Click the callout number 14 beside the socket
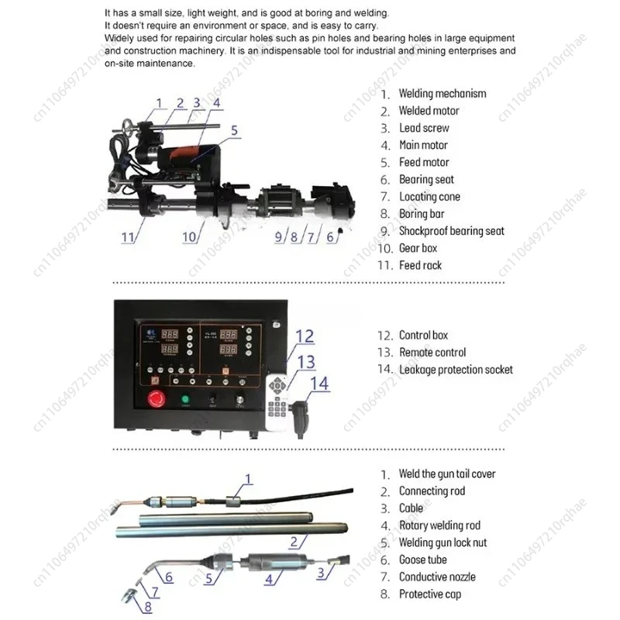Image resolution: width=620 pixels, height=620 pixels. click(x=319, y=383)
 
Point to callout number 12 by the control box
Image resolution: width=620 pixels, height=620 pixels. click(x=305, y=336)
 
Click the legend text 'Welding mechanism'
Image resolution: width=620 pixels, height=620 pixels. click(x=443, y=94)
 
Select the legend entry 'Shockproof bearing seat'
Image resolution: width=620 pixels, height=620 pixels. click(x=451, y=231)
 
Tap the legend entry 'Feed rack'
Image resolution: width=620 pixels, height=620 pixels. click(x=420, y=265)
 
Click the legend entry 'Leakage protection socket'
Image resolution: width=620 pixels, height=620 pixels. click(x=456, y=370)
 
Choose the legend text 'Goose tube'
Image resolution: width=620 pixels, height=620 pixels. click(x=422, y=560)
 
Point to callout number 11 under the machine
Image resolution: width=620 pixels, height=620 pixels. click(x=128, y=237)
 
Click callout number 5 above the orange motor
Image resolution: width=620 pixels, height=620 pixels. click(x=234, y=131)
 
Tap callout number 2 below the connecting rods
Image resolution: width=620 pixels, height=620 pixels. click(x=294, y=541)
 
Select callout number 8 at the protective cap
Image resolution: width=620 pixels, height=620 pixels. click(x=149, y=607)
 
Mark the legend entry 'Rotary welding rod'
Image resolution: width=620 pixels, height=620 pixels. click(x=439, y=525)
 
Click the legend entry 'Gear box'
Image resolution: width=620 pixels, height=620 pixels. click(x=418, y=248)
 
